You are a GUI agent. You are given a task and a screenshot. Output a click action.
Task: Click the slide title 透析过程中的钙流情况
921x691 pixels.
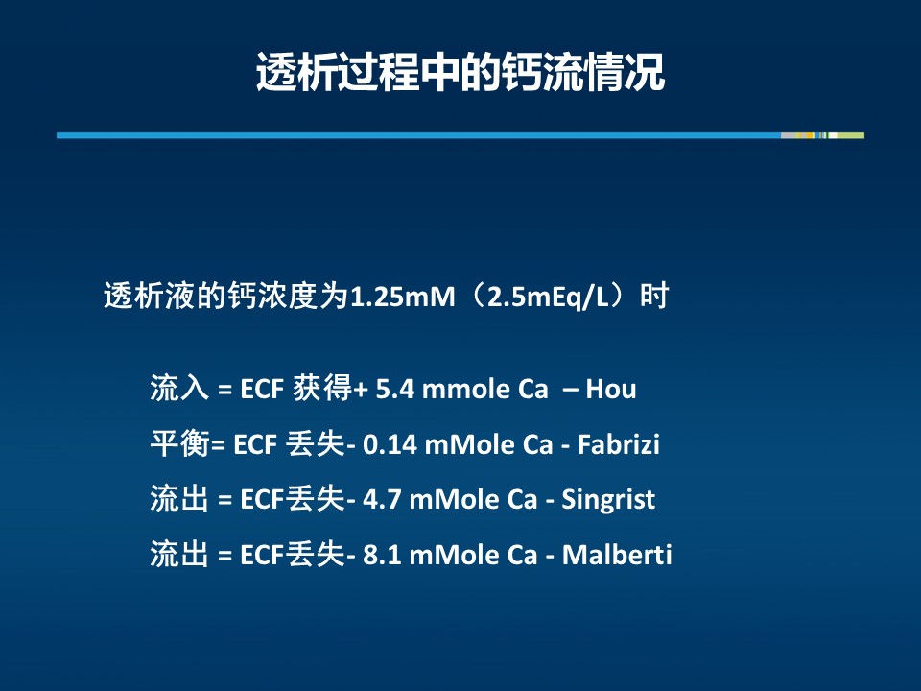[460, 72]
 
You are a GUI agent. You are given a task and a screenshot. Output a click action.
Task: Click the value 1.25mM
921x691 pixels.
[403, 297]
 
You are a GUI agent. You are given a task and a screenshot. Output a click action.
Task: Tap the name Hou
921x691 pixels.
[611, 389]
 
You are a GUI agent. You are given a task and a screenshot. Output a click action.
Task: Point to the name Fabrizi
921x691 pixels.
[619, 444]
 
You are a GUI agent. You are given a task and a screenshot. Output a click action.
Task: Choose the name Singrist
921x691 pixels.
[608, 500]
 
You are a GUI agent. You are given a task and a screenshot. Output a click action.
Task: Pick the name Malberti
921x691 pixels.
[617, 555]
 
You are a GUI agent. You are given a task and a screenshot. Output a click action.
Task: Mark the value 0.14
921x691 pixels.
[390, 444]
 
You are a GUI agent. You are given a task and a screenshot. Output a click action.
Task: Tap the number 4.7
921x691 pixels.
[382, 499]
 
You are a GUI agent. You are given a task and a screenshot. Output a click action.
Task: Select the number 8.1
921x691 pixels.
[382, 555]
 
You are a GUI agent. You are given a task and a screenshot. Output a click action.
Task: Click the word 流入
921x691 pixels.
[179, 388]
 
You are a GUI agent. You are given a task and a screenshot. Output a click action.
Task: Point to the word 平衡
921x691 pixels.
[179, 443]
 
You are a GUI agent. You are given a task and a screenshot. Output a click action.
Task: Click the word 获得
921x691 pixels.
[322, 388]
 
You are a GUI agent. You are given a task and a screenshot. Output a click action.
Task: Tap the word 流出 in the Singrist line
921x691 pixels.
[179, 498]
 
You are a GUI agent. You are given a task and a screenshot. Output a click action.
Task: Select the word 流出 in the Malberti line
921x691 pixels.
[179, 554]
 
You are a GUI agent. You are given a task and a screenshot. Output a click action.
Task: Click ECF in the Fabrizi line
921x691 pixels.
[255, 444]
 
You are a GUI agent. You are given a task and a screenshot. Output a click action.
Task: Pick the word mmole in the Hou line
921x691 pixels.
[466, 390]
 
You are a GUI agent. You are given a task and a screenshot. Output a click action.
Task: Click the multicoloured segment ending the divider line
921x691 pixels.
[822, 135]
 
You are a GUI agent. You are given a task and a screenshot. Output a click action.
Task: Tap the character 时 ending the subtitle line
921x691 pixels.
[654, 297]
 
